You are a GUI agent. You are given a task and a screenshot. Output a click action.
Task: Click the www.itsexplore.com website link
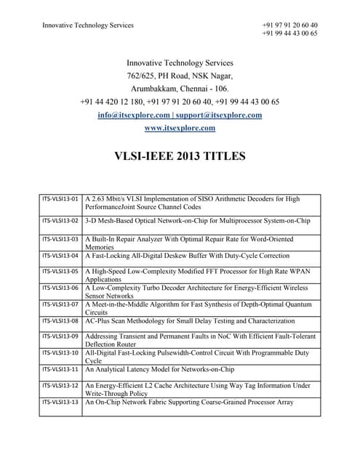pos(180,129)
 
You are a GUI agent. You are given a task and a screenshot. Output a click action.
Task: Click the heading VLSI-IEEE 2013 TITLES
pos(180,155)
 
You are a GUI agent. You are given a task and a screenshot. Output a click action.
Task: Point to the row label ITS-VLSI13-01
pos(60,198)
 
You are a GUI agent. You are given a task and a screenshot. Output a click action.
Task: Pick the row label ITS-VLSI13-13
pos(60,401)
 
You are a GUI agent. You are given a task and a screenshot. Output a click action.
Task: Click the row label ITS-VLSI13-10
pos(60,352)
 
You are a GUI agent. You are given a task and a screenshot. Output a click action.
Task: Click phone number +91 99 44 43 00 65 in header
pos(289,33)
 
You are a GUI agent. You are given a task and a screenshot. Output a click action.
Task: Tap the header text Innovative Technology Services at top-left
pos(88,25)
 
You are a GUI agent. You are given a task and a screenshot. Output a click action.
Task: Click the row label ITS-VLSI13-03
pos(60,238)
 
